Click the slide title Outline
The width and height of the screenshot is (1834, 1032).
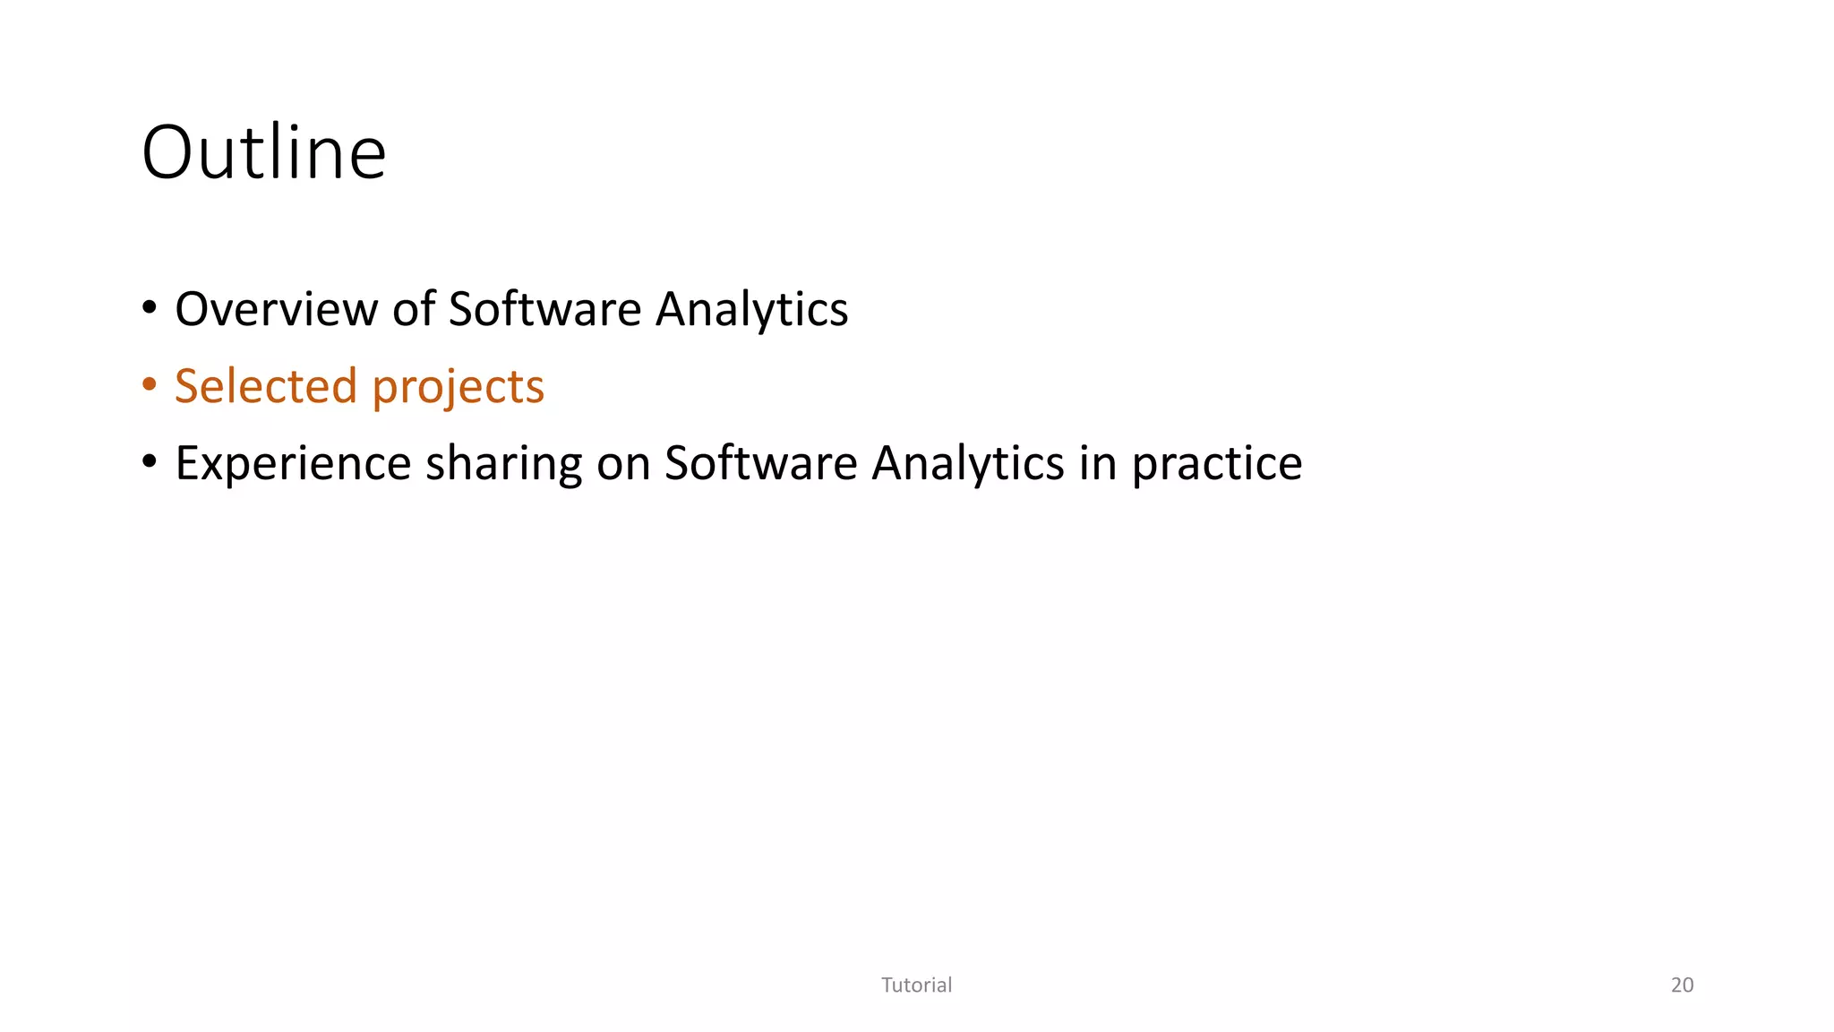coord(264,152)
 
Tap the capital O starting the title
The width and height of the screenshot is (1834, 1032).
coord(170,152)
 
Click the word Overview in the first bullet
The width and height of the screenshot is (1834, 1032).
coord(277,309)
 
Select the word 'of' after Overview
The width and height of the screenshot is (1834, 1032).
coord(414,309)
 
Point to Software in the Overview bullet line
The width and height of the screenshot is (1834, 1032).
coord(544,309)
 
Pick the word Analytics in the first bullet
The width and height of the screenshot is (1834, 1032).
coord(751,311)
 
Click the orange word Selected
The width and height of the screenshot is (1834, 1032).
coord(266,386)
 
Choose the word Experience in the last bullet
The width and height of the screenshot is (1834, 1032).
coord(292,463)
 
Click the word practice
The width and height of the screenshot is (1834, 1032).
coord(1216,465)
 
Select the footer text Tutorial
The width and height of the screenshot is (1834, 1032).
coord(916,985)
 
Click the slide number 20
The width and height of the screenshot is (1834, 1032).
coord(1682,985)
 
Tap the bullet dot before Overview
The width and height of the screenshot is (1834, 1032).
coord(150,308)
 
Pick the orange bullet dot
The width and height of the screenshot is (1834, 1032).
coord(150,385)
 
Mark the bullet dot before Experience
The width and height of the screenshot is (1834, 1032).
coord(150,462)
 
